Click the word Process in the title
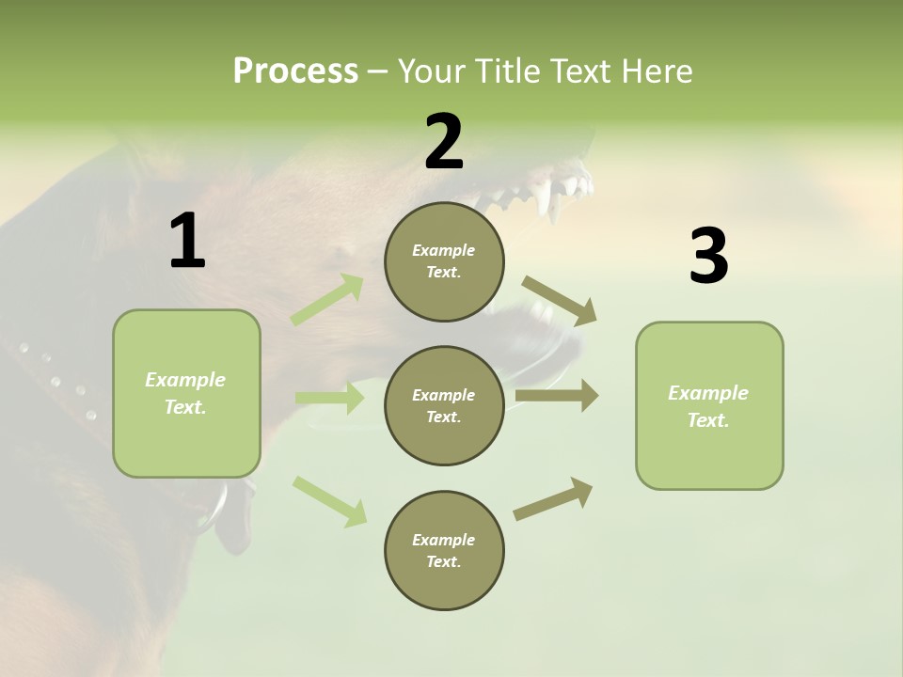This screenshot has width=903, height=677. pos(295,71)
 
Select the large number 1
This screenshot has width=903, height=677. pos(187,242)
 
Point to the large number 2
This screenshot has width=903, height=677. pos(444,143)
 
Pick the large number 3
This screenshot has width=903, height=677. pos(708,257)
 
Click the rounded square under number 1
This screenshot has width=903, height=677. pos(186,393)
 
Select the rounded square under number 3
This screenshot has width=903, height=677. pos(709,406)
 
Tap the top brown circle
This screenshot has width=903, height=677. pos(444,261)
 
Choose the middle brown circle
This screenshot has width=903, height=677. pos(444,406)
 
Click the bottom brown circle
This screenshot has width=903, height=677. pos(444,551)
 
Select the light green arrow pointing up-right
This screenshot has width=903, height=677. pos(327,300)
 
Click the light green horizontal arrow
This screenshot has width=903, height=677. pos(329,399)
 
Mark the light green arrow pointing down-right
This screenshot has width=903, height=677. pos(329,501)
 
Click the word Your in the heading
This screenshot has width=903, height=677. pos(432,71)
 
